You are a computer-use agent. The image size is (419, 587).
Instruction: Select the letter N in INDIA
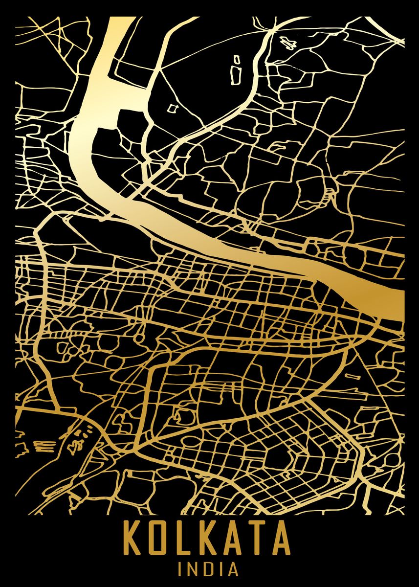193,569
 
